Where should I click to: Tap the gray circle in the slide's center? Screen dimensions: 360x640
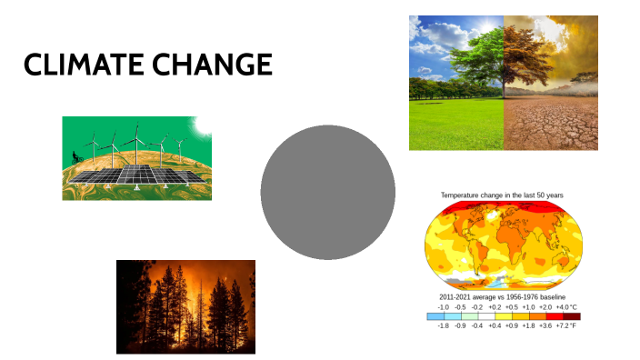click(x=327, y=193)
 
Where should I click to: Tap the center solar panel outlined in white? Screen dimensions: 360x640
click(x=138, y=174)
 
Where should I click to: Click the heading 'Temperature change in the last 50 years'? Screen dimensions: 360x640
click(x=502, y=195)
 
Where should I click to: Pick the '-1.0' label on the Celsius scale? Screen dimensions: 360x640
click(x=443, y=307)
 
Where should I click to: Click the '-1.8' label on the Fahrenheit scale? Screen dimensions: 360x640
click(x=443, y=325)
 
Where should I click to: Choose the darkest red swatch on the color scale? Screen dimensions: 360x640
click(x=570, y=315)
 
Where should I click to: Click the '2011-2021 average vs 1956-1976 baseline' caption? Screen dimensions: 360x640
click(x=502, y=297)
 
